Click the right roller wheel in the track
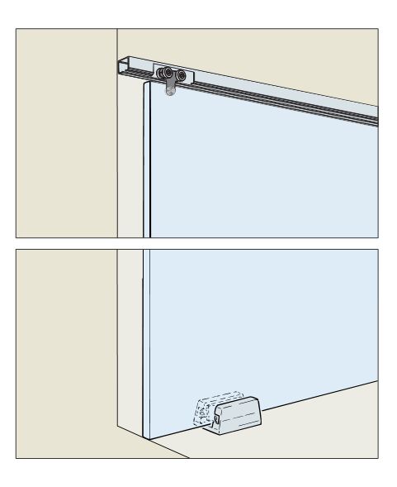tap(182, 78)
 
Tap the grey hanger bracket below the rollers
tap(171, 88)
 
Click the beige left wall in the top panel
tap(66, 132)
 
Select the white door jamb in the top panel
tap(132, 165)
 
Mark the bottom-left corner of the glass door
tap(146, 437)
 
